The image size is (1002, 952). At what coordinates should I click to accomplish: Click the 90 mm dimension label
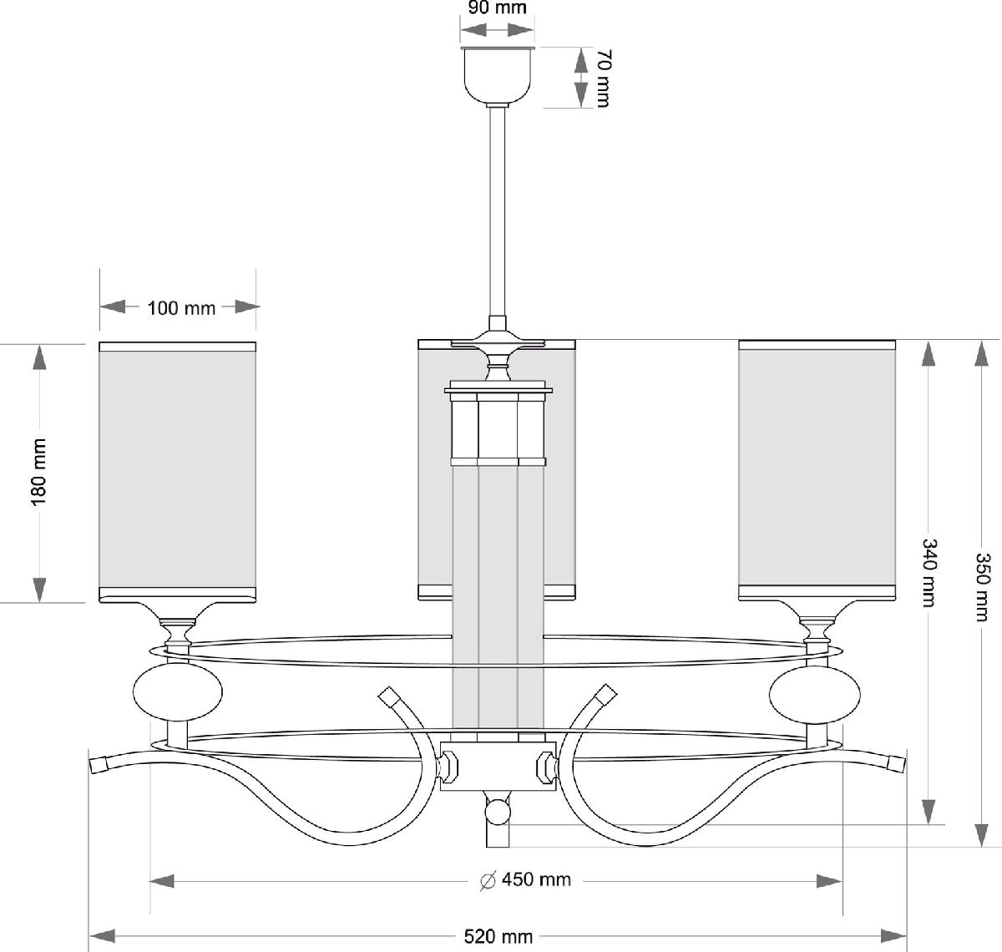[498, 8]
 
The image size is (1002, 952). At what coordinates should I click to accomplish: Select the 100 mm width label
[181, 308]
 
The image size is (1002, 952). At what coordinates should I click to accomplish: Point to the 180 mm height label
[38, 472]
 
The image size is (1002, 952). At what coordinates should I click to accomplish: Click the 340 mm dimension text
[929, 573]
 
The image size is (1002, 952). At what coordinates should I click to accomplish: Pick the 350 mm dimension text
[983, 586]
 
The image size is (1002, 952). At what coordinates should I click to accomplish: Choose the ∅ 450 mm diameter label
[526, 880]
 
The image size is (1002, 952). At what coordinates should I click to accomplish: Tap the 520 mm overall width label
[498, 936]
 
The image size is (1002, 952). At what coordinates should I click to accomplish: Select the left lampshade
[177, 471]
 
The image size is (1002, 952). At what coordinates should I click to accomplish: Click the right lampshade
[817, 471]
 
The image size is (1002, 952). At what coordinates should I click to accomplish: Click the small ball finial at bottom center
[498, 811]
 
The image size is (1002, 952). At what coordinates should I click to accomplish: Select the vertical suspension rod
[498, 213]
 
